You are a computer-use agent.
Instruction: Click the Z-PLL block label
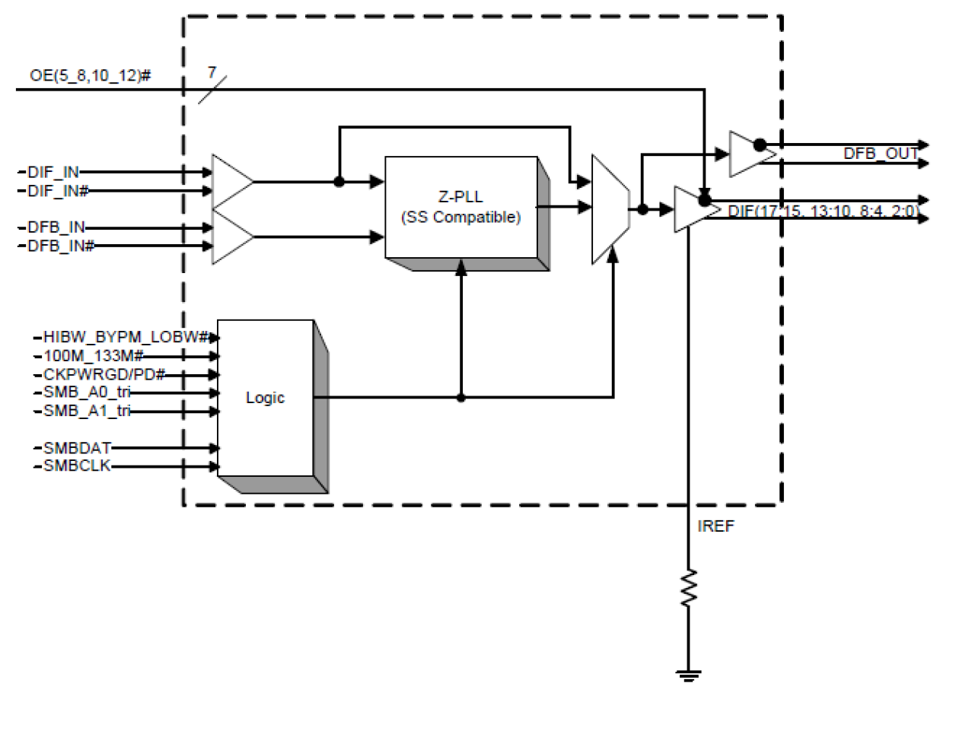[x=460, y=197]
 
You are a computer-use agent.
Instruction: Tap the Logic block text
[x=265, y=398]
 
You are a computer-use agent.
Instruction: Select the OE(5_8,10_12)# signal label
[x=90, y=75]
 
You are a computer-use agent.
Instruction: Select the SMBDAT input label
[x=77, y=448]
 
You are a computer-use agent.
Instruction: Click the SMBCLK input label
[x=77, y=466]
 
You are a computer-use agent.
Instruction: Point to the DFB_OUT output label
[x=880, y=154]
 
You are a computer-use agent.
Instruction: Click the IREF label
[x=715, y=526]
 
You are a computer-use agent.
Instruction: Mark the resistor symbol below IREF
[x=688, y=588]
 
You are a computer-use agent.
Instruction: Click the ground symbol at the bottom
[x=688, y=675]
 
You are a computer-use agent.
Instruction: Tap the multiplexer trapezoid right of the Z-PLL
[x=610, y=209]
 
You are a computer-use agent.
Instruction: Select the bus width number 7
[x=212, y=73]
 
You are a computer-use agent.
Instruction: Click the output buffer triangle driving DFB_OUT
[x=747, y=154]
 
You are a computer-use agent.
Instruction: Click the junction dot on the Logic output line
[x=460, y=397]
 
